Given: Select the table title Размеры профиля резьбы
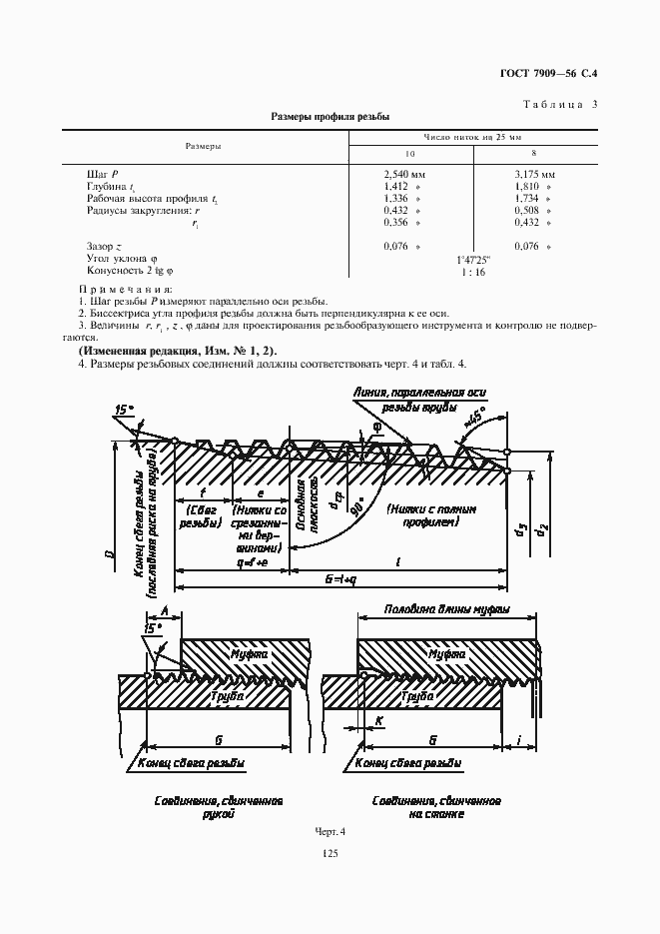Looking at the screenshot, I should pos(330,116).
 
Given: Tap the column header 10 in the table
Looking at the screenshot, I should pos(409,154).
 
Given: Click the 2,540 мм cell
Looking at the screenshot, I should pos(406,174).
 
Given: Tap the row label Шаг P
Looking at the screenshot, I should pos(103,174).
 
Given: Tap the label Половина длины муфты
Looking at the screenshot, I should pos(447,608).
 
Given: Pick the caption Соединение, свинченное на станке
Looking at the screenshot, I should pos(436,806).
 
